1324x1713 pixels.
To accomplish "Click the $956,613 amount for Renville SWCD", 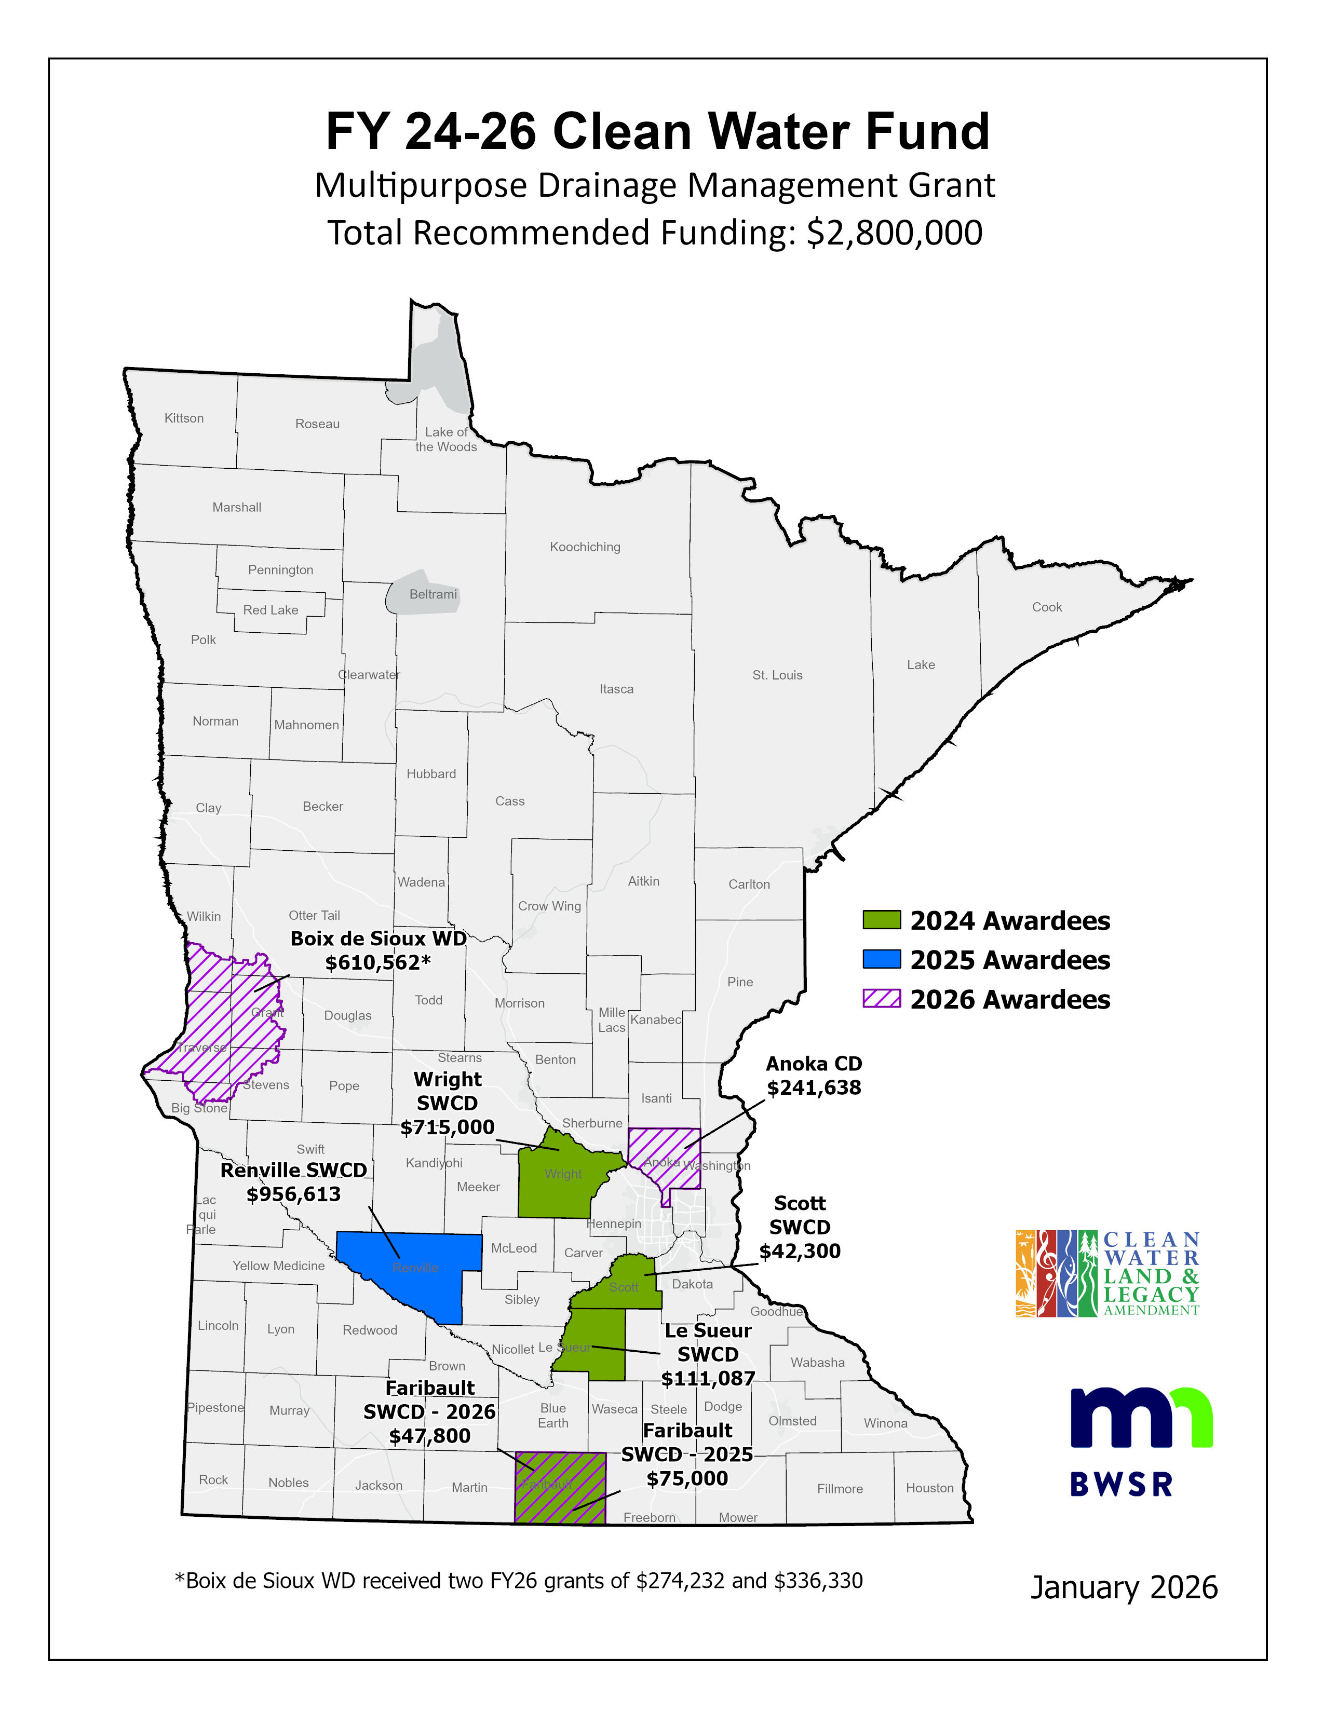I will [293, 1194].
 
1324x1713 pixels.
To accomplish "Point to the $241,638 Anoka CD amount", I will [814, 1088].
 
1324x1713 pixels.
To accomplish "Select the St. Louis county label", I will [777, 674].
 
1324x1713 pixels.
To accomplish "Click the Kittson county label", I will [183, 418].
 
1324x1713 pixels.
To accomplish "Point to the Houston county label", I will [929, 1488].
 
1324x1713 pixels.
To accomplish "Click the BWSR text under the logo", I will [1121, 1485].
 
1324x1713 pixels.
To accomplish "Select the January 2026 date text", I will [1123, 1587].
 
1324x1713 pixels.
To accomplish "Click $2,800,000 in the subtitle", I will [894, 233].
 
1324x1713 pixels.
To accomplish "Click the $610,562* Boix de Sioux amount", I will [378, 962].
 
